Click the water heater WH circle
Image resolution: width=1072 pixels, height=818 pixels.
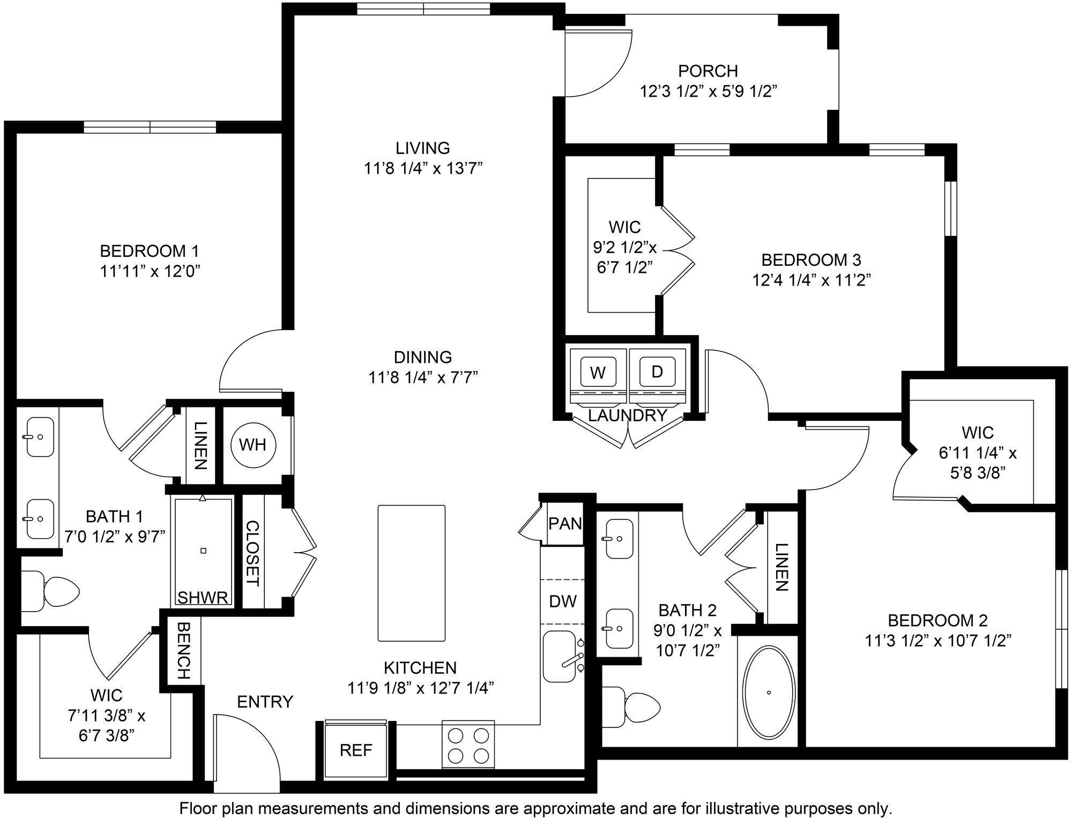[253, 444]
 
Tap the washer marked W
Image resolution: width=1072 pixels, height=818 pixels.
[598, 372]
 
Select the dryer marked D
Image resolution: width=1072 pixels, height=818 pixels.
[657, 371]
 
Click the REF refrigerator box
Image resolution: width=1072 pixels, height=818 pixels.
[356, 750]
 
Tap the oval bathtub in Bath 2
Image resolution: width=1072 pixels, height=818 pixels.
[769, 691]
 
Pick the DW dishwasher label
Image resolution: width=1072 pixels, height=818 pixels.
[563, 601]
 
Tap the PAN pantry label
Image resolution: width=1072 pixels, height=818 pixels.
[565, 523]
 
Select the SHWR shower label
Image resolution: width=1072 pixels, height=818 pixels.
[203, 598]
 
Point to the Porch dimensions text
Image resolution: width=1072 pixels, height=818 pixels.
[708, 92]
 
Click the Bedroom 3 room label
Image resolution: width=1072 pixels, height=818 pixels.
[811, 260]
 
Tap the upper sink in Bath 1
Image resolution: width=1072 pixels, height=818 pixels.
[40, 437]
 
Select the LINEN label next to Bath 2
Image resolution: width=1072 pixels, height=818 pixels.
[781, 567]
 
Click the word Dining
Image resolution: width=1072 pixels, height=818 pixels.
[422, 357]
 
